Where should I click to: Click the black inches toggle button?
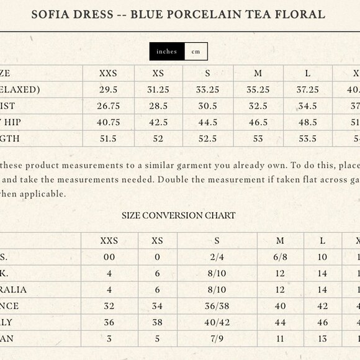pyautogui.click(x=167, y=52)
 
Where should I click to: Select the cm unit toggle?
pyautogui.click(x=196, y=52)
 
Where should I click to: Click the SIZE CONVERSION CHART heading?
pyautogui.click(x=179, y=215)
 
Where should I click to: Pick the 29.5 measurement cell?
pyautogui.click(x=108, y=90)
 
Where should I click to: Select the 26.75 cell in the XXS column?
pyautogui.click(x=108, y=106)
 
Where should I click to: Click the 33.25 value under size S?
pyautogui.click(x=208, y=90)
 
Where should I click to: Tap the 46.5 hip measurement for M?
pyautogui.click(x=258, y=122)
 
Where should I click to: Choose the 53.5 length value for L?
pyautogui.click(x=308, y=138)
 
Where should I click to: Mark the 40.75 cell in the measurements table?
pyautogui.click(x=108, y=122)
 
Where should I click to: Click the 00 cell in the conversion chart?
pyautogui.click(x=109, y=257)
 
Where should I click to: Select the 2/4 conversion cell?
pyautogui.click(x=217, y=257)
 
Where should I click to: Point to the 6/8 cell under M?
pyautogui.click(x=280, y=257)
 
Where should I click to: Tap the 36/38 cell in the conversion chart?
pyautogui.click(x=217, y=306)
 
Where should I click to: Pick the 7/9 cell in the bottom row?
pyautogui.click(x=217, y=338)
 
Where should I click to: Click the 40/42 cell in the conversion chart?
pyautogui.click(x=217, y=322)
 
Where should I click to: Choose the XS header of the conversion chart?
pyautogui.click(x=158, y=241)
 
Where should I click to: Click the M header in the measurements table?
pyautogui.click(x=258, y=73)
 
